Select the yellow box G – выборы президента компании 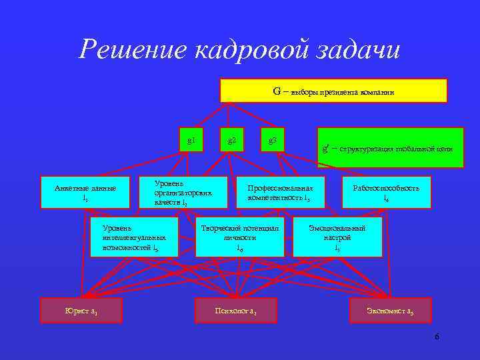tap(333, 91)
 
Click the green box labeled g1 tap(191, 139)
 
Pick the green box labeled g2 tap(231, 139)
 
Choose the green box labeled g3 tap(272, 139)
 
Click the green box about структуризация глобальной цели tap(390, 147)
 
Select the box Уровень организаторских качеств tap(175, 192)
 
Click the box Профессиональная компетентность tap(281, 193)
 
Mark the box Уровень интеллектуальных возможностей tap(135, 237)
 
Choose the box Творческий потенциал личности tap(240, 237)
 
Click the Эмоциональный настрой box tap(337, 237)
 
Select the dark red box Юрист tap(82, 311)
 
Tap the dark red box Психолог tap(235, 311)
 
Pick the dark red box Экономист tap(391, 311)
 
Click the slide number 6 tap(437, 337)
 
